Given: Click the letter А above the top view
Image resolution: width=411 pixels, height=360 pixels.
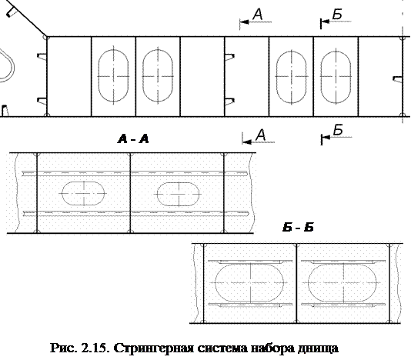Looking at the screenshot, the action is click(258, 14).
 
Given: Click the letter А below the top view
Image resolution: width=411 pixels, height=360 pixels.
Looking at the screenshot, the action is click(261, 135).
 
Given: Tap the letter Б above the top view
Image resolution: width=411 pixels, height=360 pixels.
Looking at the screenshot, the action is click(337, 14).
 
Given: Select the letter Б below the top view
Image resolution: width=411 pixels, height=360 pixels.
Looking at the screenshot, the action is click(338, 130).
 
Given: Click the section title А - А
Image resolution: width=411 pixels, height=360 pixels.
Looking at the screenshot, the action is click(133, 139).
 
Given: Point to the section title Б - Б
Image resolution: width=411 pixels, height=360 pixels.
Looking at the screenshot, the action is click(298, 228).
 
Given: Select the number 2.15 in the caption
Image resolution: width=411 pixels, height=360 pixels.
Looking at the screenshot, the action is click(96, 348).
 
